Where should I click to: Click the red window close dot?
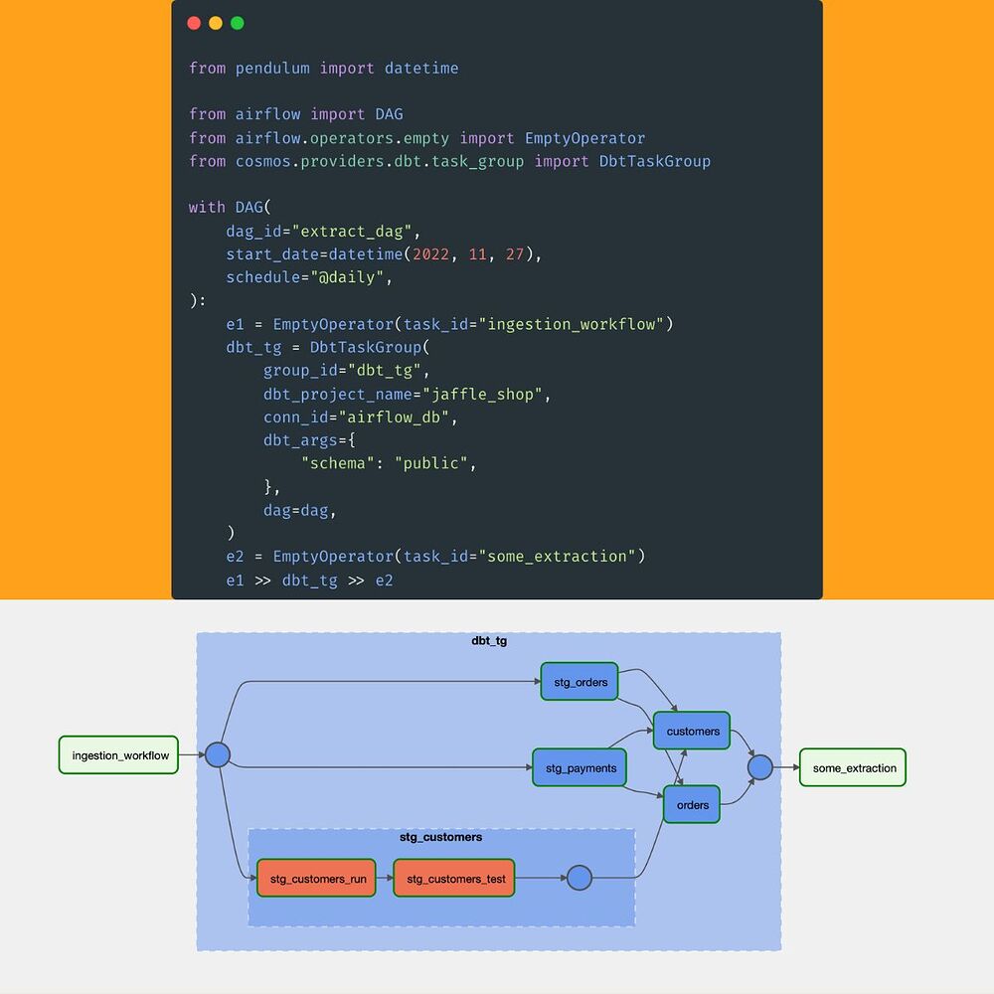(194, 23)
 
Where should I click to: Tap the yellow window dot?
(216, 23)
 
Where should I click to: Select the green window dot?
(237, 23)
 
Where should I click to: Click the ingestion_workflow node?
(119, 755)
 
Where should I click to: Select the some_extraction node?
(853, 768)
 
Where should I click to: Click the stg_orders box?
(580, 682)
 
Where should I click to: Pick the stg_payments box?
(580, 768)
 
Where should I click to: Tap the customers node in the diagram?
(692, 732)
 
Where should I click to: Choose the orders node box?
(692, 805)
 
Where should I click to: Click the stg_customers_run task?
(316, 879)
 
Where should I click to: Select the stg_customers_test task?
(454, 879)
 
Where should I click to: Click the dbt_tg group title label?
(489, 641)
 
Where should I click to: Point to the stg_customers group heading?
(440, 837)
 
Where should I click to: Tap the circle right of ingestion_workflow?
(218, 755)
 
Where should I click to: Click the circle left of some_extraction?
(759, 767)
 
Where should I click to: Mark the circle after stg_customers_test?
(579, 879)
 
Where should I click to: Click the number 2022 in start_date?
(430, 254)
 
